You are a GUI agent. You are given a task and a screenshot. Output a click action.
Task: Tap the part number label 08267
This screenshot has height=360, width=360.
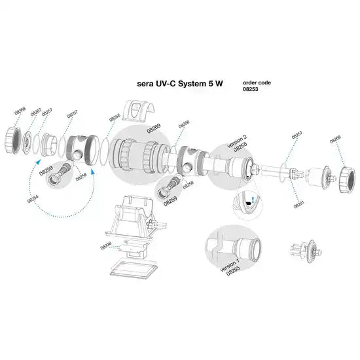[x=36, y=112]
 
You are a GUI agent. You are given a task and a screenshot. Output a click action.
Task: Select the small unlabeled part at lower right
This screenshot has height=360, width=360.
[x=303, y=249]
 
